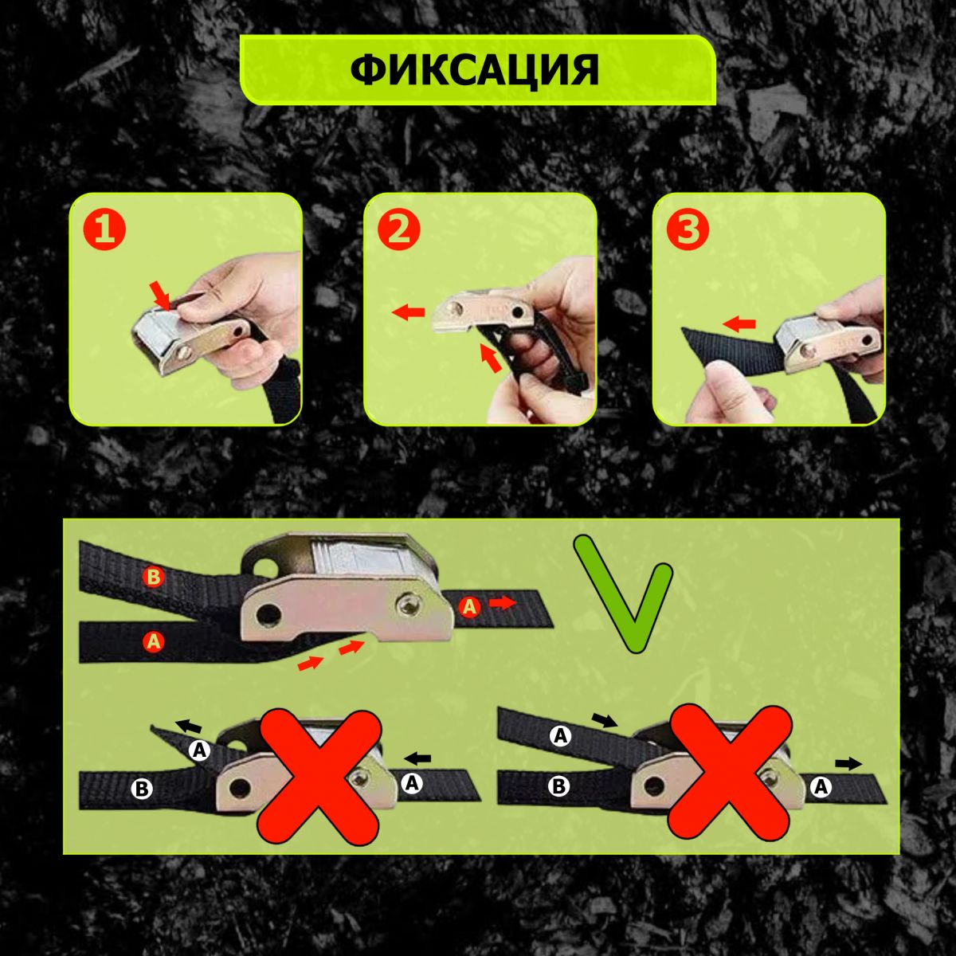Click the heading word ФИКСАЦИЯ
pyautogui.click(x=474, y=69)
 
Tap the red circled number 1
pyautogui.click(x=104, y=229)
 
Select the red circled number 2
pyautogui.click(x=399, y=229)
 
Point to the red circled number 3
pyautogui.click(x=688, y=229)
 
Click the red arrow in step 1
pyautogui.click(x=161, y=296)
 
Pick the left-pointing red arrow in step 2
pyautogui.click(x=408, y=312)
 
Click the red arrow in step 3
pyautogui.click(x=739, y=324)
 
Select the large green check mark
pyautogui.click(x=624, y=594)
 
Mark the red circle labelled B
pyautogui.click(x=153, y=577)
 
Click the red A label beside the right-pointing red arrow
pyautogui.click(x=469, y=606)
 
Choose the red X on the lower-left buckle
pyautogui.click(x=319, y=778)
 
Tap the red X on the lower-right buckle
pyautogui.click(x=729, y=773)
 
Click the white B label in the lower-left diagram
pyautogui.click(x=142, y=789)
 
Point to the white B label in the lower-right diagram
pyautogui.click(x=559, y=786)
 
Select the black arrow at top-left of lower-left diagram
pyautogui.click(x=189, y=727)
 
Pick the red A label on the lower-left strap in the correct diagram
pyautogui.click(x=154, y=642)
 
